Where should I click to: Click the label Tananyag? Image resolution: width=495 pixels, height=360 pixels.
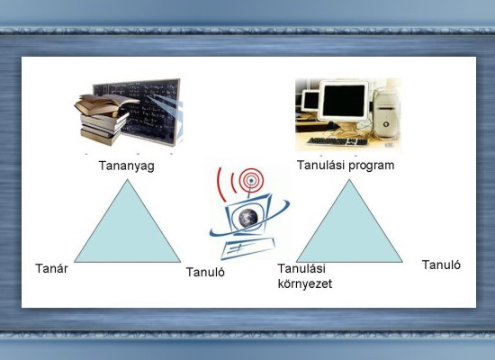[x=127, y=166]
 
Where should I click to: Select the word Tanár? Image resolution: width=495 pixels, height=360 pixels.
[x=51, y=269]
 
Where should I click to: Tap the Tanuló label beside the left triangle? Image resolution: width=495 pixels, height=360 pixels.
[x=205, y=272]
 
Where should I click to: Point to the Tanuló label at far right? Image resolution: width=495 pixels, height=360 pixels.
[x=441, y=265]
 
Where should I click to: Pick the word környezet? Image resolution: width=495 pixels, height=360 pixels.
[x=305, y=283]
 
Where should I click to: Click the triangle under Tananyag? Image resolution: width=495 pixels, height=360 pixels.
[x=128, y=228]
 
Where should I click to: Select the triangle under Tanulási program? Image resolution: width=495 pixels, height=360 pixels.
[x=349, y=228]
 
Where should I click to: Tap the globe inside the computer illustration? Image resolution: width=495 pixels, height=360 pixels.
[x=248, y=218]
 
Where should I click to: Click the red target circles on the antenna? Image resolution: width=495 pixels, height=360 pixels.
[x=251, y=180]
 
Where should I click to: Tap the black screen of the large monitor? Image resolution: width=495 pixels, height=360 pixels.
[x=344, y=101]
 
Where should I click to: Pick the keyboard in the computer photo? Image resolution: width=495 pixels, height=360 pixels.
[x=337, y=141]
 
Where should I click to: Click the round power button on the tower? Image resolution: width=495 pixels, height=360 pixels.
[x=386, y=124]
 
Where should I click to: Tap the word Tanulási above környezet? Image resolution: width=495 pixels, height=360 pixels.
[x=301, y=269]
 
